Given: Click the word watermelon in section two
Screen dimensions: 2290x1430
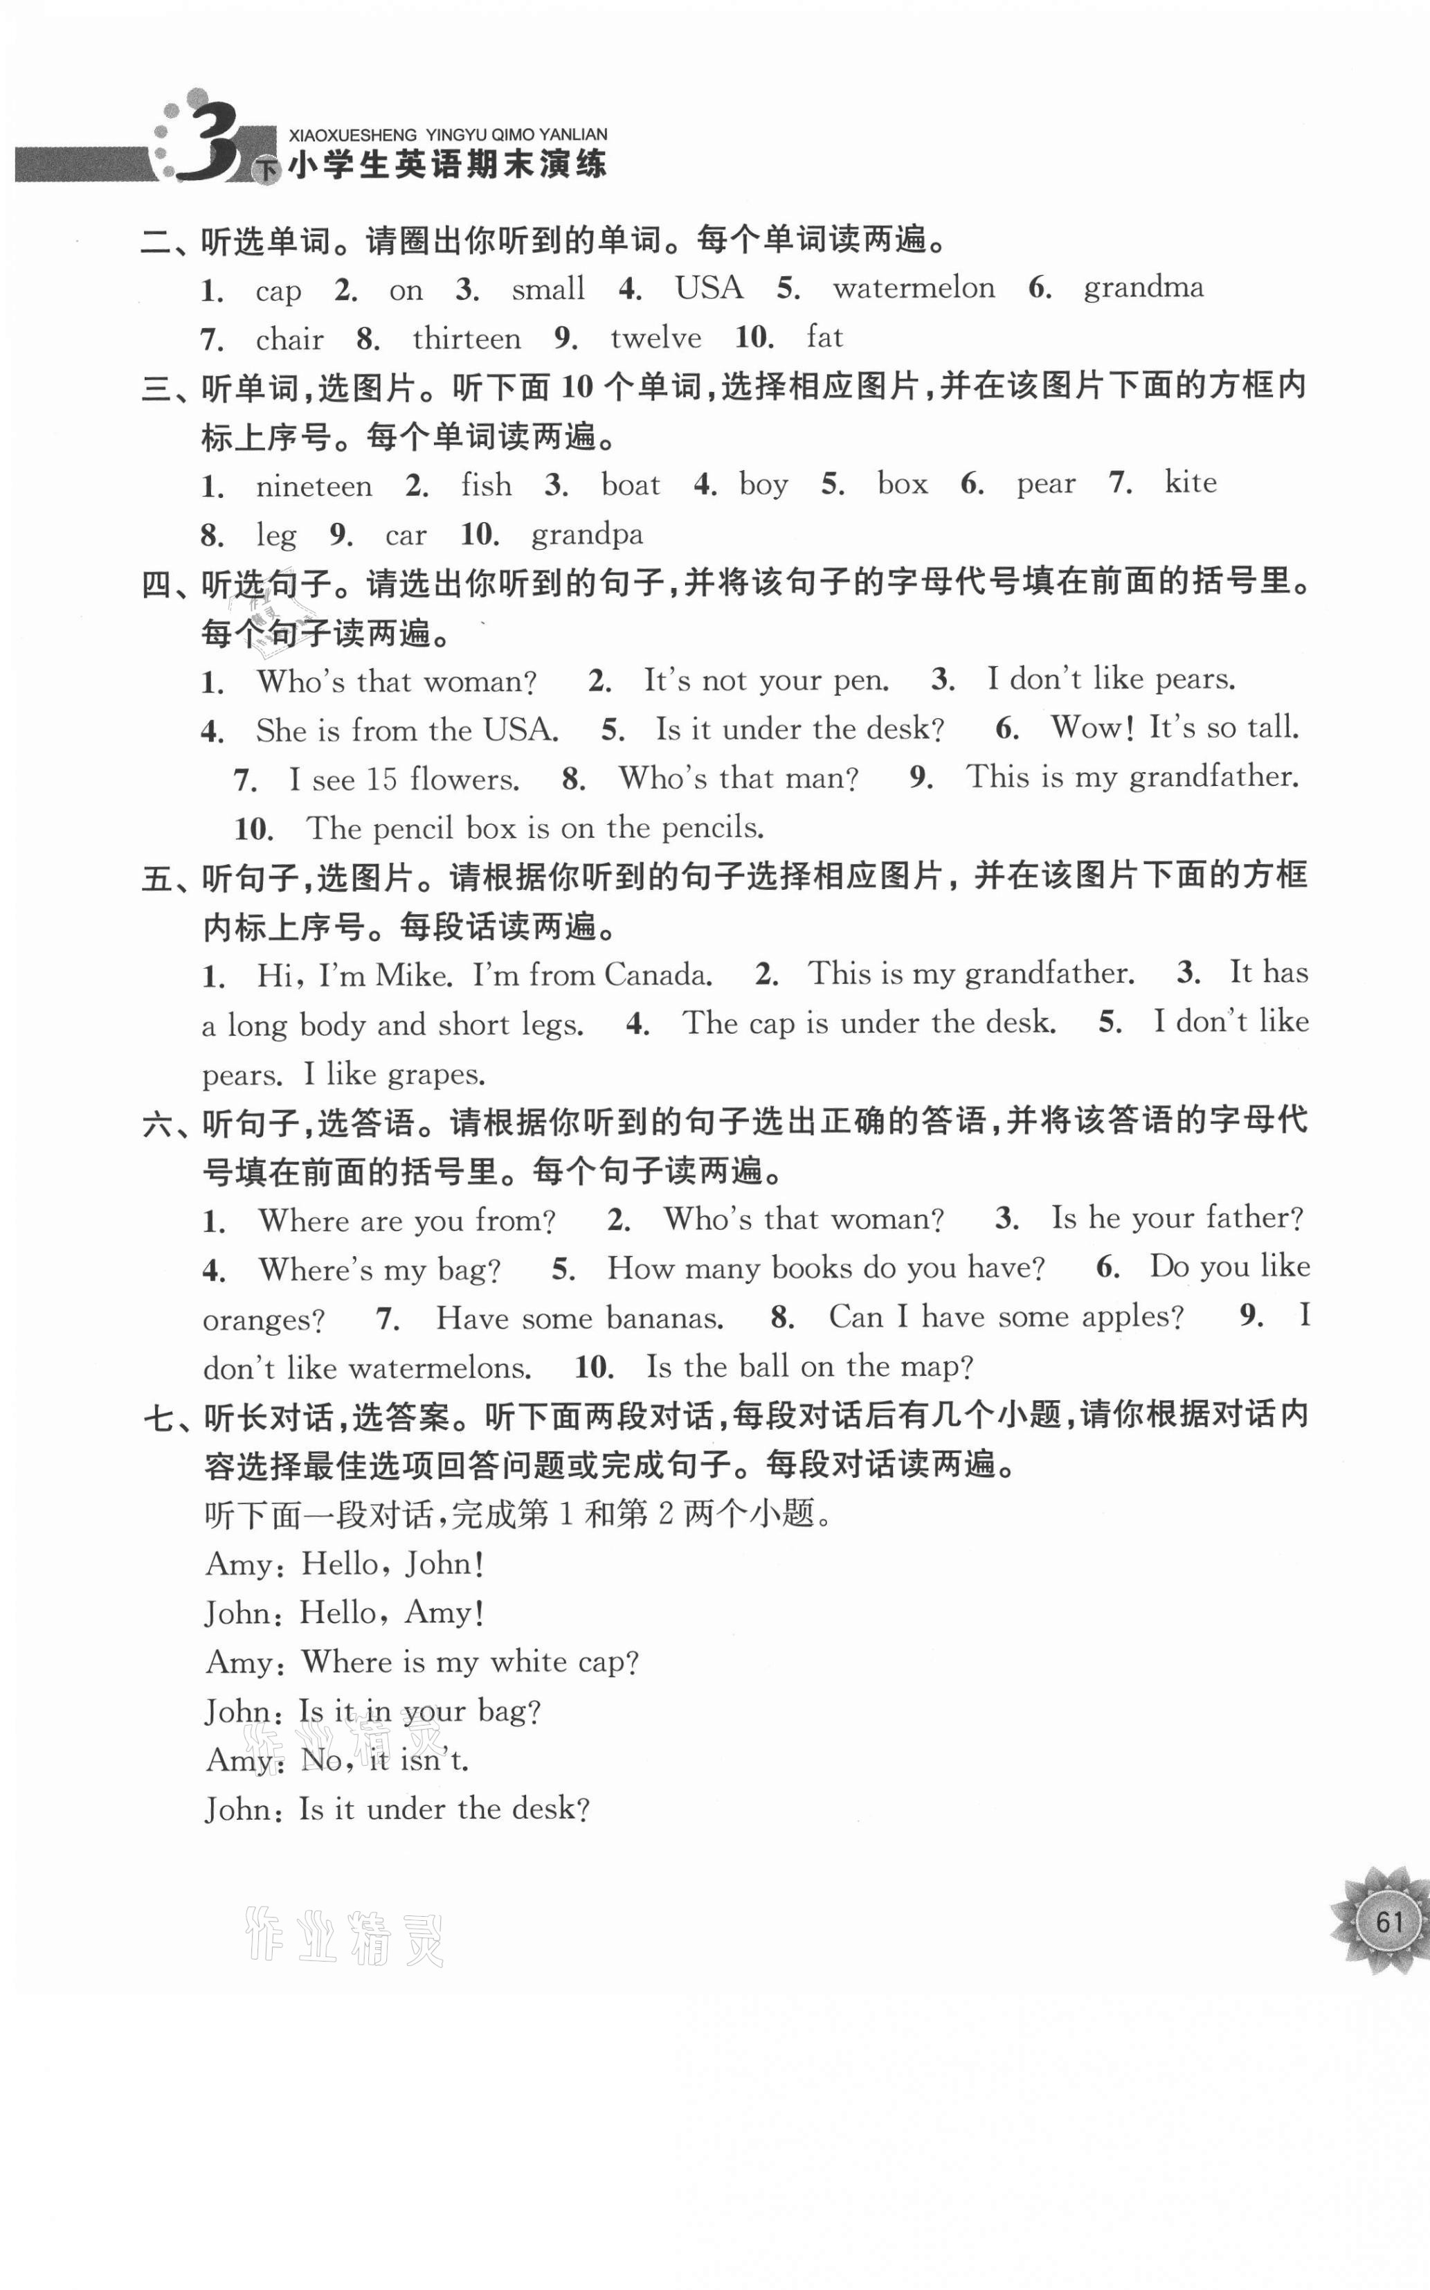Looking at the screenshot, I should pos(913,289).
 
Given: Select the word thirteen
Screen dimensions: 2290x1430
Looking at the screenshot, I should pos(467,339).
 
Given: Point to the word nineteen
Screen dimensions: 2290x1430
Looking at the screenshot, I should pos(314,486).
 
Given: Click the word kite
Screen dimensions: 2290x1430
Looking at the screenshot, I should pos(1190,483).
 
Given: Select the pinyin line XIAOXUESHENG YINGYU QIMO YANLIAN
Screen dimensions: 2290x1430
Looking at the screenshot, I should pos(447,135).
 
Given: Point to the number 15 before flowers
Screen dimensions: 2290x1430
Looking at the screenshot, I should pos(381,780).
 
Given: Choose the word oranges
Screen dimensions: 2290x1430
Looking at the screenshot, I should pos(264,1321).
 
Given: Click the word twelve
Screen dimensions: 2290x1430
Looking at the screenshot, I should pos(655,339).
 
